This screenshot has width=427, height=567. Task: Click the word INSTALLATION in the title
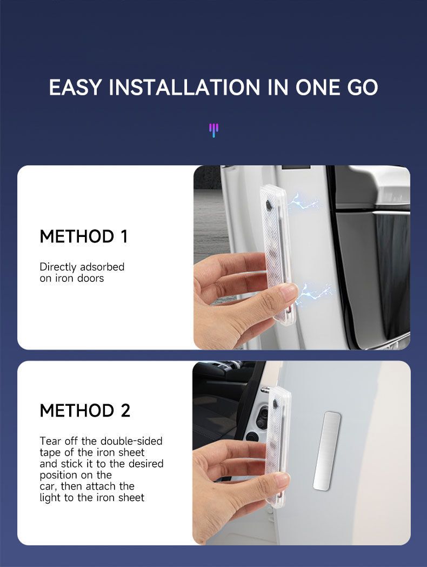coord(184,87)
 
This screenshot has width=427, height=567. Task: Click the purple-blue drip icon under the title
coord(214,130)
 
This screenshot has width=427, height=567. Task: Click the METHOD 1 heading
coord(84,236)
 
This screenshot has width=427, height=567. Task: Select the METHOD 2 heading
coord(85,411)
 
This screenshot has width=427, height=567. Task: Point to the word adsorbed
coord(102,267)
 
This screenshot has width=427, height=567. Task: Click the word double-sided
coord(131,441)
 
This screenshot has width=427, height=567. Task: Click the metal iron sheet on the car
coord(327,451)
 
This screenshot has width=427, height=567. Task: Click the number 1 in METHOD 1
coord(124,236)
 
